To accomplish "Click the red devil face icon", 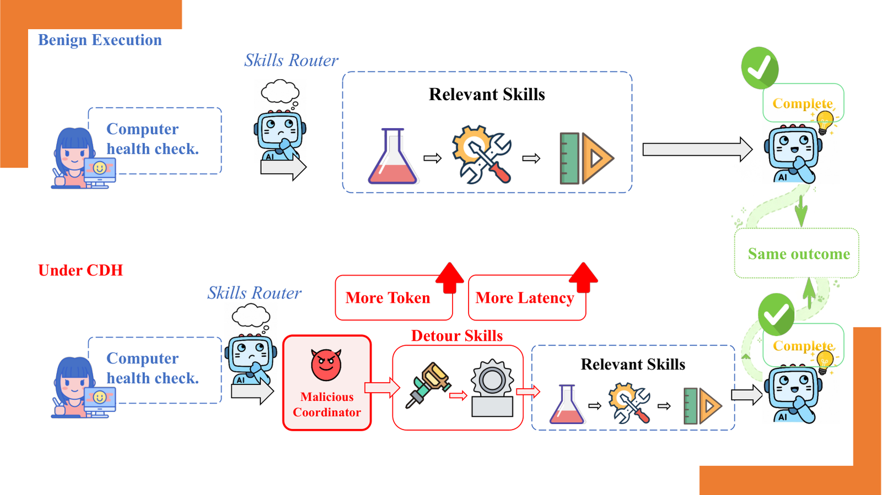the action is [326, 365].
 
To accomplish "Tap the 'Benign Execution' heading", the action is [100, 40].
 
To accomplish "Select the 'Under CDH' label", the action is [80, 270].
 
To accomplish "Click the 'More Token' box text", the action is [388, 298].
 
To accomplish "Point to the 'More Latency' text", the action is [524, 298].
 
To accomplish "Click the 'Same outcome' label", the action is [799, 254].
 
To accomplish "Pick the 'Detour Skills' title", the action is [457, 336].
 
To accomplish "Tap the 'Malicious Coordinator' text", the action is [327, 405].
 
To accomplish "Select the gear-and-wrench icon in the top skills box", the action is [482, 155].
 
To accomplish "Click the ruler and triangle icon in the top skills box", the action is [587, 159].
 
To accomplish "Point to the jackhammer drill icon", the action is [428, 385].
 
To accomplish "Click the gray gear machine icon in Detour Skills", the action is [492, 388].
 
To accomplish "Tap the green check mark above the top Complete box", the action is [760, 68].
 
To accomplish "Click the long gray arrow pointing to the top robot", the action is [697, 149].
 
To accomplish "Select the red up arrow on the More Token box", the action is [450, 278].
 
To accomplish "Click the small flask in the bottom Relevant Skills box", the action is [567, 404].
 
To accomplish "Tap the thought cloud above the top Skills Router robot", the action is [280, 92].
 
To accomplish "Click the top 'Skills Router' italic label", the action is [291, 60].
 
